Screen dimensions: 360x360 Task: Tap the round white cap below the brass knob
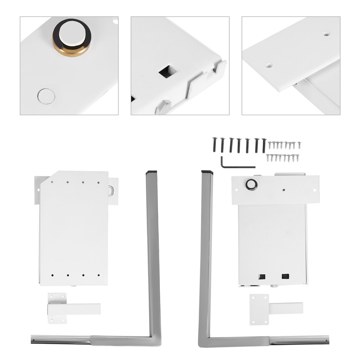tap(46, 96)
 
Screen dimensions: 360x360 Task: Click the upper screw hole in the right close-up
tap(326, 33)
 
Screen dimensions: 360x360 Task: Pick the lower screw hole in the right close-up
tap(269, 65)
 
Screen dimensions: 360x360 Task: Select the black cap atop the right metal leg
tap(207, 172)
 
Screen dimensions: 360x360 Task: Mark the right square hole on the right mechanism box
tap(285, 276)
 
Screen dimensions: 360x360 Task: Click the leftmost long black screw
tap(214, 145)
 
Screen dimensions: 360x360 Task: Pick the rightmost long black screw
tap(264, 145)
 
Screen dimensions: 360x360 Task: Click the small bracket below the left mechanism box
tap(70, 309)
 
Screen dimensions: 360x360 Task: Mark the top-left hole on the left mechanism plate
tap(52, 182)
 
